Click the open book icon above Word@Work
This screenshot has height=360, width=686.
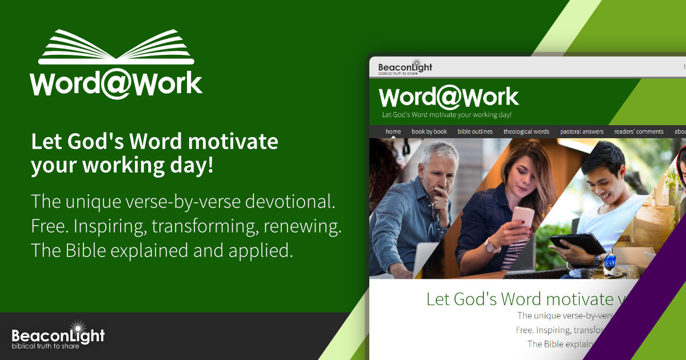pos(117,47)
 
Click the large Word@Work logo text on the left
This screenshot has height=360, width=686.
pos(117,83)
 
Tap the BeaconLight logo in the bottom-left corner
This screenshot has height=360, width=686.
pos(58,336)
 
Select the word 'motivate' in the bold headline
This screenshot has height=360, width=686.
pos(233,141)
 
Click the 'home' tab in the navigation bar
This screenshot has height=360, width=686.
pos(393,131)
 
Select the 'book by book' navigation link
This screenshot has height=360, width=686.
pos(429,131)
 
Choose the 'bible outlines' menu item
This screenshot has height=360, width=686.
pos(475,131)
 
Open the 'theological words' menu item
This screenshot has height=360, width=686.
pos(526,131)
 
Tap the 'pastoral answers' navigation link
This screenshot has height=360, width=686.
pos(581,131)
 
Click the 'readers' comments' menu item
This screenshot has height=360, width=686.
pos(639,131)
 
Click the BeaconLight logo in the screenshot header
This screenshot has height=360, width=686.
pos(405,69)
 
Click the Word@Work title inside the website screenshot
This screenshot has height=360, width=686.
pos(449,97)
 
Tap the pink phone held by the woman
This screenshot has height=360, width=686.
pos(522,217)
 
